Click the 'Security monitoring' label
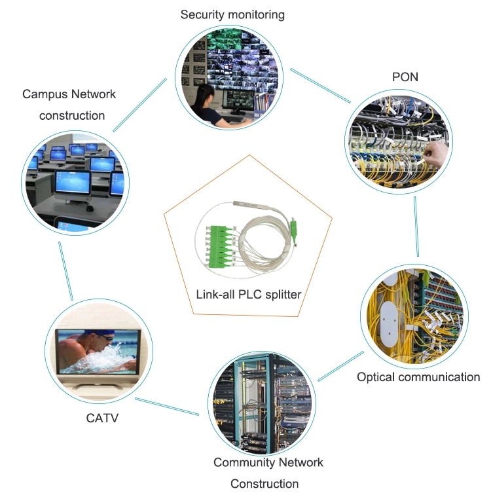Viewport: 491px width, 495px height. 232,15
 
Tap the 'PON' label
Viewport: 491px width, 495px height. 405,77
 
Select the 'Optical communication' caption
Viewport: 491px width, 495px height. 418,377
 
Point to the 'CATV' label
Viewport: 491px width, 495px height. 102,418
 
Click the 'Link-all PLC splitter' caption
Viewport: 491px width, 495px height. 249,295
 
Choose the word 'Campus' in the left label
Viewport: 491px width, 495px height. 45,94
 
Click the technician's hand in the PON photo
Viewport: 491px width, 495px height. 435,154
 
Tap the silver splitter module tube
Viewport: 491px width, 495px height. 250,206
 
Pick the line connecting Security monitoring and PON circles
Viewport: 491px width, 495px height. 320,86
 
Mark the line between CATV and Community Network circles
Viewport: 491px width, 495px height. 167,407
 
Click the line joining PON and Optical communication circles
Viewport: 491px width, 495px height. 416,227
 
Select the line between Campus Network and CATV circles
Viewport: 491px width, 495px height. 66,271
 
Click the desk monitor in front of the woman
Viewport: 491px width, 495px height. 238,100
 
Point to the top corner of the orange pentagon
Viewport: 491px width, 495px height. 249,155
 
